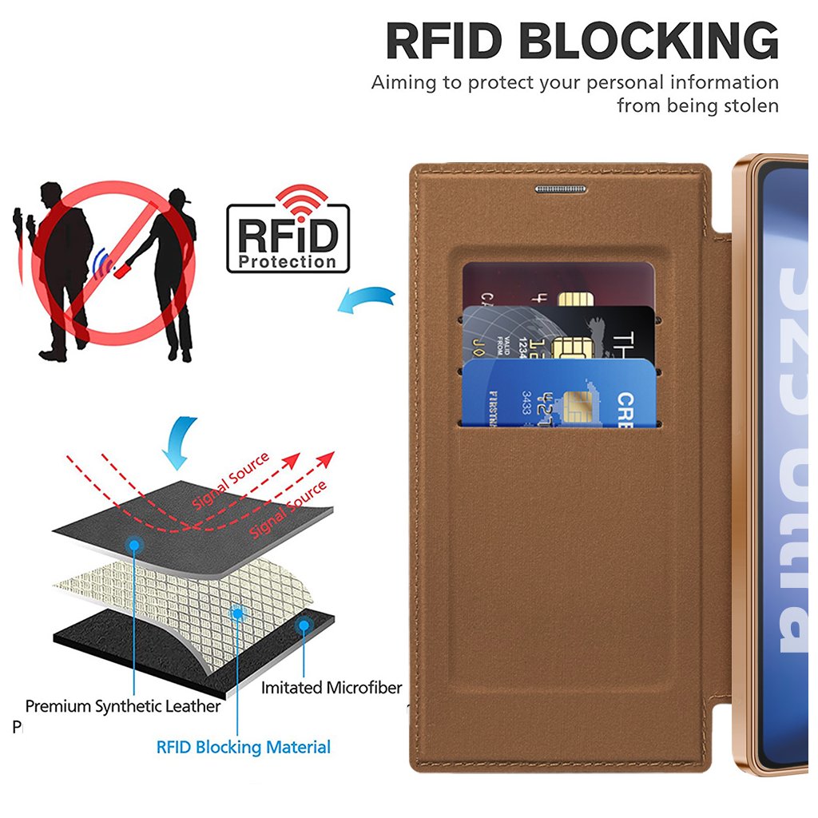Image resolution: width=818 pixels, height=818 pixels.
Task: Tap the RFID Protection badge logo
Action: pos(288,237)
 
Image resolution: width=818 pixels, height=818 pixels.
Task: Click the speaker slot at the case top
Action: pos(560,189)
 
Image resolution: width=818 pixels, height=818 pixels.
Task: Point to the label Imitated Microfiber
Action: pos(332,688)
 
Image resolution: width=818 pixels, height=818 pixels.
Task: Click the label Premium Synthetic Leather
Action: pos(122,706)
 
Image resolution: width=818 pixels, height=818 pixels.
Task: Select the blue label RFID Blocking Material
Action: pos(243,748)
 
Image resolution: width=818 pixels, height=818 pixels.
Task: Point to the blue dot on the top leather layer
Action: pos(134,545)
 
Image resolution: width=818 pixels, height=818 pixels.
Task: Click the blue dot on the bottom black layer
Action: pos(304,625)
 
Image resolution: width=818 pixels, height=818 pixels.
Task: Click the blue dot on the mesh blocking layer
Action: pos(236,613)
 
